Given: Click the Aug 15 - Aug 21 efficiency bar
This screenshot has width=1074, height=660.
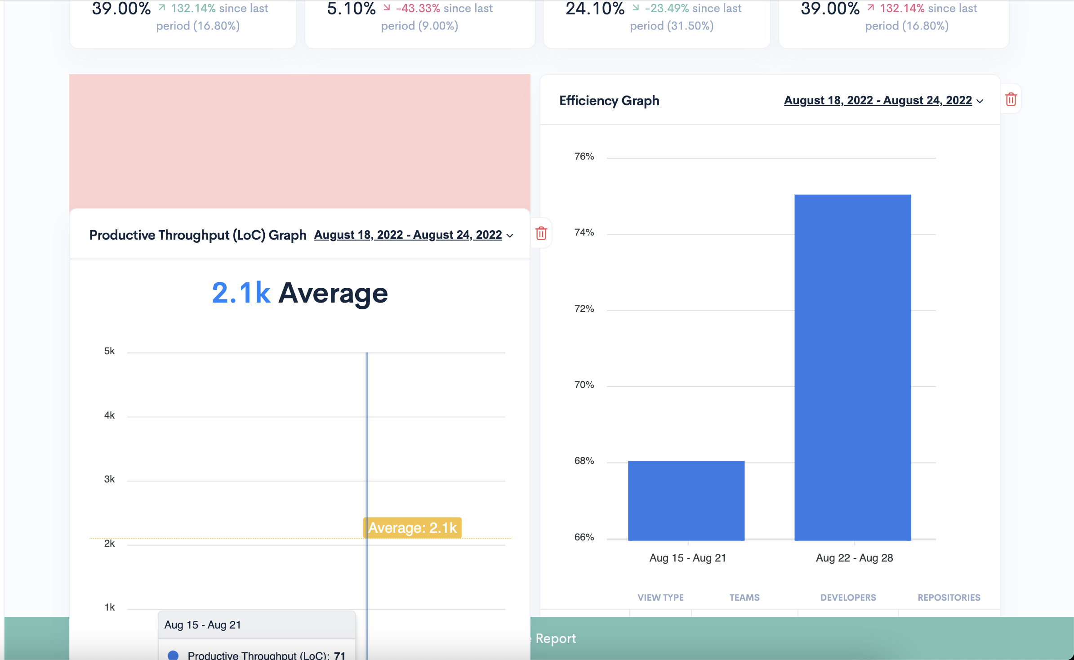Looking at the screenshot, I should [686, 500].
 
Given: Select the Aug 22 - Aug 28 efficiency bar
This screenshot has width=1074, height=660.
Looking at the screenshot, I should [852, 367].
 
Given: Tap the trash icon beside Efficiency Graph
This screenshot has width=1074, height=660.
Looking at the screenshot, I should [1011, 99].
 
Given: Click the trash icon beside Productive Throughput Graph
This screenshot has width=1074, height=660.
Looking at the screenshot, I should [541, 233].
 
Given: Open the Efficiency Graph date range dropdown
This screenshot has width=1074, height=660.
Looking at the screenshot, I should [883, 100].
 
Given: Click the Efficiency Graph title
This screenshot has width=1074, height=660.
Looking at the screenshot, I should [609, 100].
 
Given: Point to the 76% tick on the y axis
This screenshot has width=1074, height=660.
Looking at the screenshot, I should [584, 156].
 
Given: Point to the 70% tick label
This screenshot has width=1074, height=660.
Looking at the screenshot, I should [584, 385].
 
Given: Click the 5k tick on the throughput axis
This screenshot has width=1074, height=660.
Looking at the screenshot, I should [109, 351].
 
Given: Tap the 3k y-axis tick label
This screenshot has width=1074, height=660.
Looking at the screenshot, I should [109, 479].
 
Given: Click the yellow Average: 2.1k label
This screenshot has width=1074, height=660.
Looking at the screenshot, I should [412, 528].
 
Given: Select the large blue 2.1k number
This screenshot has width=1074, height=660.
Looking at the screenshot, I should [241, 293].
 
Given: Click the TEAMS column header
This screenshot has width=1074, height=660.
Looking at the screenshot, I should [744, 598].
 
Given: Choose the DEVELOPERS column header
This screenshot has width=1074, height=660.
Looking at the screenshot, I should [848, 598].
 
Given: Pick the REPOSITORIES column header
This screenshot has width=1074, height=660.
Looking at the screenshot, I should [949, 598].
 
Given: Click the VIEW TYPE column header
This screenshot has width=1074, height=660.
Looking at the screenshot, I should [660, 598].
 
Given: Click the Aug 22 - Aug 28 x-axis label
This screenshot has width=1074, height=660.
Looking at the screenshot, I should [854, 558].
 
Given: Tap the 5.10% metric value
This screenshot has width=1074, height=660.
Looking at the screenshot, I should [351, 9].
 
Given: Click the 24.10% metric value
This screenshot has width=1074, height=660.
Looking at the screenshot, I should [595, 9].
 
